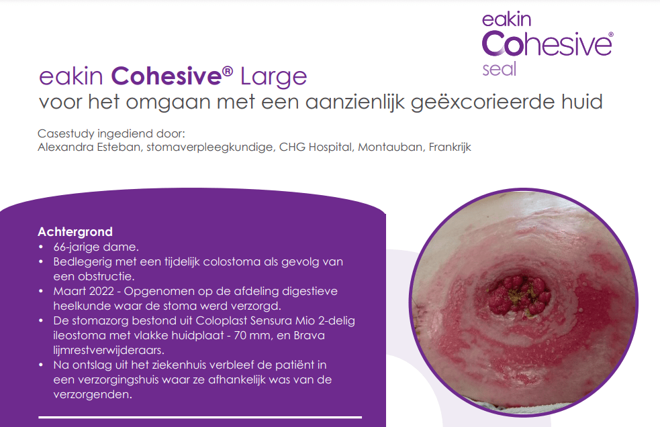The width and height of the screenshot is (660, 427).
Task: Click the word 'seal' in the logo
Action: [500, 70]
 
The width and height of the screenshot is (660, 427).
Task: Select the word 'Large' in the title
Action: [273, 77]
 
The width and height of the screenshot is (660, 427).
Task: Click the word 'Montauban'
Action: [391, 147]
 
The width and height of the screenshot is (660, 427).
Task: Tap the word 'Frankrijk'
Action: [450, 147]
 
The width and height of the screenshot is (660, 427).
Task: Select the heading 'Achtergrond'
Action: [75, 232]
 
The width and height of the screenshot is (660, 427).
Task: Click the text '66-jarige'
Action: [76, 247]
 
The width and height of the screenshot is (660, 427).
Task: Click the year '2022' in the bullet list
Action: [101, 291]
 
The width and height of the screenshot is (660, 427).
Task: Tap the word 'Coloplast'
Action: [221, 321]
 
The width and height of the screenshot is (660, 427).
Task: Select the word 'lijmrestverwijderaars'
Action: [109, 351]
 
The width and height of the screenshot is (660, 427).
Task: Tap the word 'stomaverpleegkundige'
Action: [209, 147]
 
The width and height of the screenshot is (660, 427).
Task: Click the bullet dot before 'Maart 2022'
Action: [41, 291]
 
